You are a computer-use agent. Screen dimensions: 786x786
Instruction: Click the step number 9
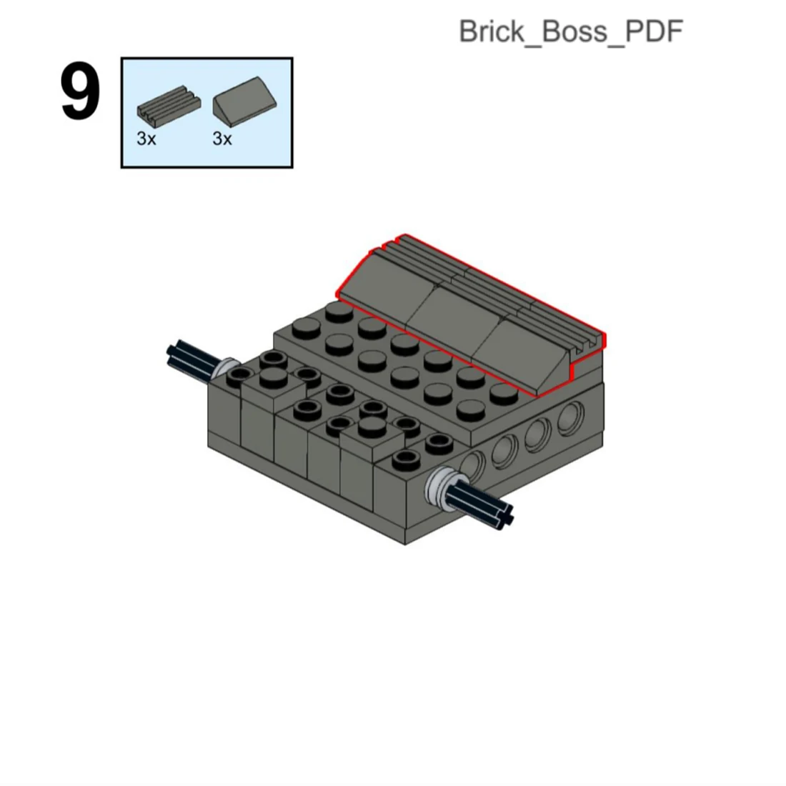tap(80, 92)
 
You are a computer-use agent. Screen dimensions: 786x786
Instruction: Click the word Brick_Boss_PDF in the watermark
tap(571, 31)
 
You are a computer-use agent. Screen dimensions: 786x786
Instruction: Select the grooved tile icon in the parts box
tap(169, 106)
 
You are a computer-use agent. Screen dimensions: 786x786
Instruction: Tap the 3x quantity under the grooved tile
tap(146, 139)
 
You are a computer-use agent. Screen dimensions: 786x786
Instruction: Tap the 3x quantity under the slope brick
tap(222, 139)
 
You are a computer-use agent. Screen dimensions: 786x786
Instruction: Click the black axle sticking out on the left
tap(192, 359)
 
